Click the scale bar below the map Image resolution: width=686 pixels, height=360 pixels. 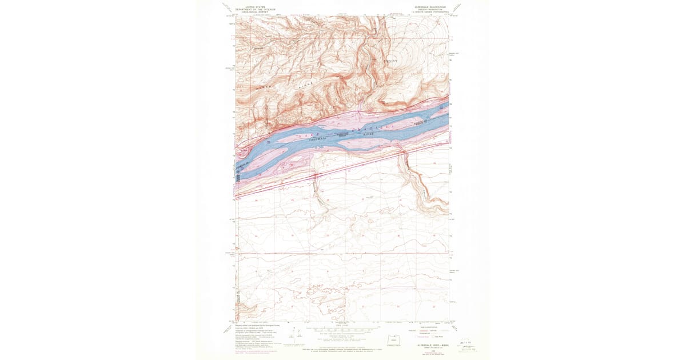(x=342, y=330)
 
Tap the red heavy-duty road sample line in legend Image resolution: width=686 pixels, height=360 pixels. (x=425, y=330)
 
